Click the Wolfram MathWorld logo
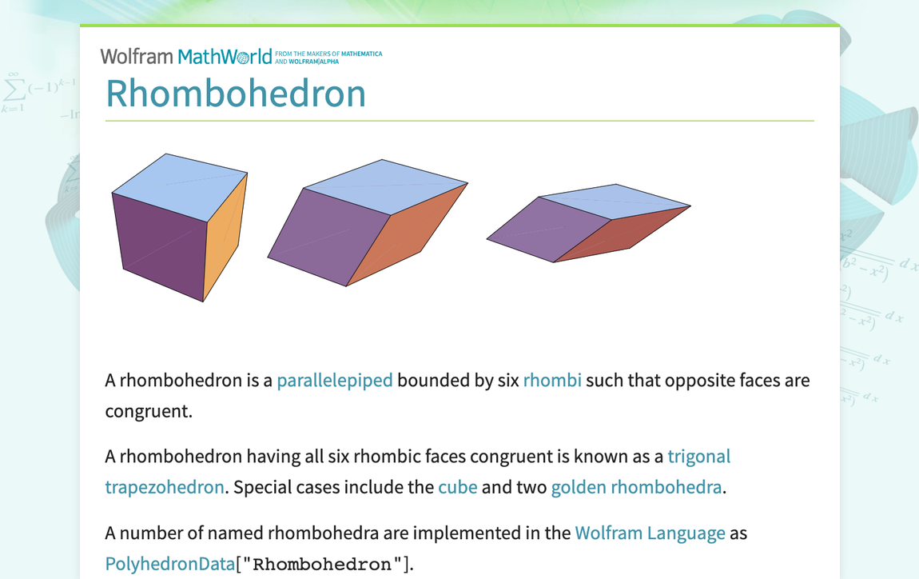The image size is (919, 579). [186, 56]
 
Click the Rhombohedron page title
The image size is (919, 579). [236, 93]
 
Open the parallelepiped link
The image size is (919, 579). [335, 380]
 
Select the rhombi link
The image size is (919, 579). [552, 380]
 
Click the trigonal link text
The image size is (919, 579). [698, 457]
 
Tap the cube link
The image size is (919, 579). [457, 487]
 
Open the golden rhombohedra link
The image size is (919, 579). [636, 487]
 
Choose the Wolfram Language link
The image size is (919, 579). [650, 533]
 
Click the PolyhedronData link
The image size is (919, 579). [170, 564]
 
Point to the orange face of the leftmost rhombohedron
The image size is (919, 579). [223, 237]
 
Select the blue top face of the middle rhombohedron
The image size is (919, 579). [386, 186]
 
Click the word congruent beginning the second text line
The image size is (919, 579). [148, 411]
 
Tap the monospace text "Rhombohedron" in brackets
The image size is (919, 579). [322, 565]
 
